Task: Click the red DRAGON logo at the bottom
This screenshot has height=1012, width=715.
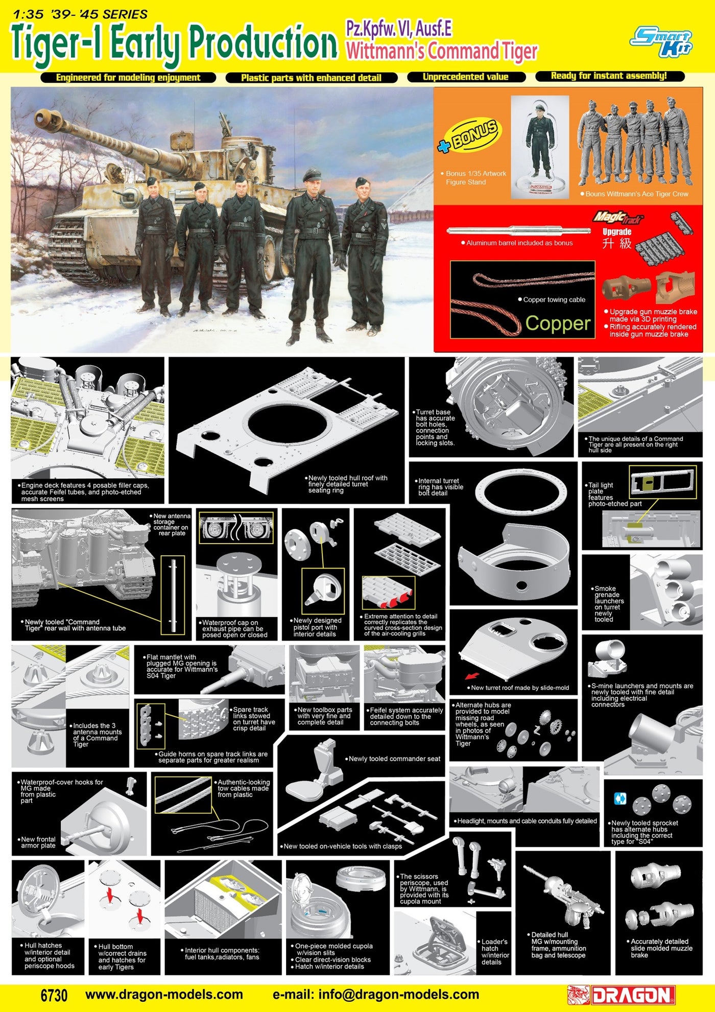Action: click(621, 995)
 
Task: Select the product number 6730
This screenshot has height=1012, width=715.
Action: click(54, 995)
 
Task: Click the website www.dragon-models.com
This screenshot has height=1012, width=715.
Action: click(164, 994)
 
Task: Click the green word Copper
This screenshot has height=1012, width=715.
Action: click(558, 323)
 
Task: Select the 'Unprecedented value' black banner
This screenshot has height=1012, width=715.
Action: click(466, 77)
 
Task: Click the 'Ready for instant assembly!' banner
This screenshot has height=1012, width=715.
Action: click(609, 76)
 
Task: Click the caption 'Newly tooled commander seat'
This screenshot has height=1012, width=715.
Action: click(394, 759)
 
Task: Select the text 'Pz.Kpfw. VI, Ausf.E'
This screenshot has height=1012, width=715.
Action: click(398, 29)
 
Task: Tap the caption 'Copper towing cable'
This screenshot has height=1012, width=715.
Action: click(554, 300)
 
